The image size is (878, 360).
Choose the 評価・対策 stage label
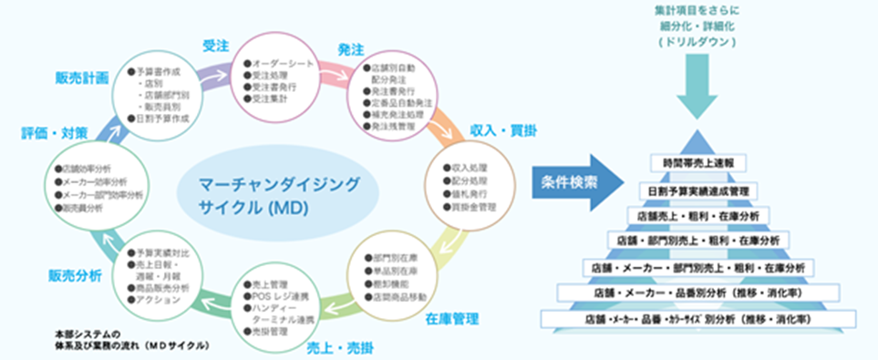coord(54,133)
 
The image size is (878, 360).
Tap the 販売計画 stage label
coord(87,77)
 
